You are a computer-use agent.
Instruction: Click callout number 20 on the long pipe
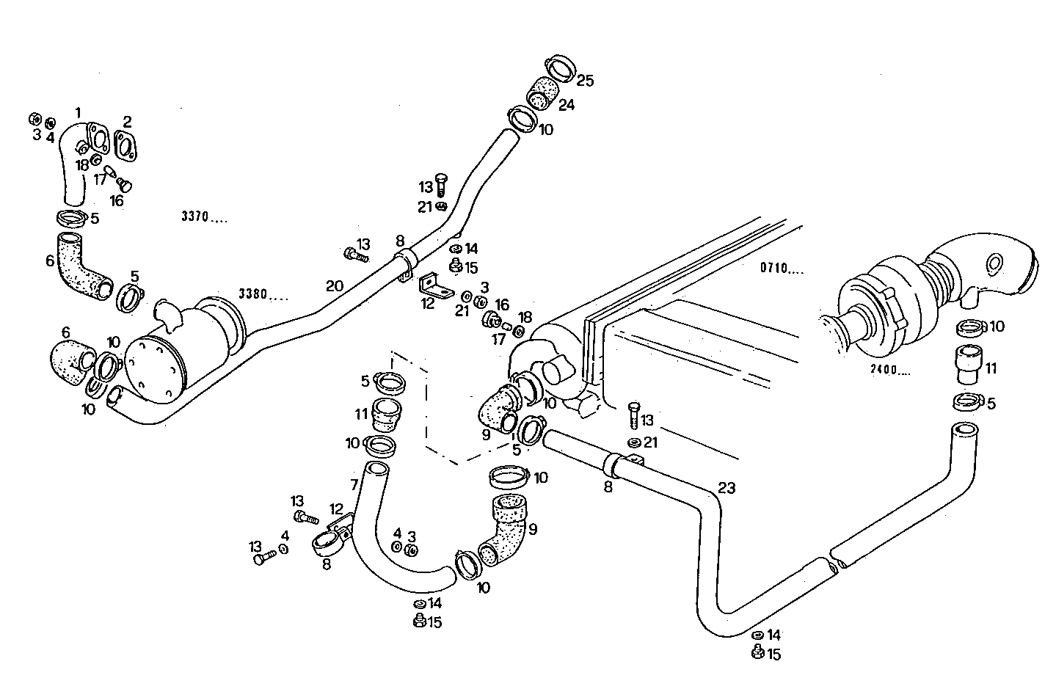coord(334,286)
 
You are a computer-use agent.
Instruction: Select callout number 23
coord(727,487)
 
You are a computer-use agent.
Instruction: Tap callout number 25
coord(584,80)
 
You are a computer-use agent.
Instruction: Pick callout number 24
coord(566,105)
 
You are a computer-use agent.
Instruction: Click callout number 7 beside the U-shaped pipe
coord(354,485)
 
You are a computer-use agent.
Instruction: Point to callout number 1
coord(78,112)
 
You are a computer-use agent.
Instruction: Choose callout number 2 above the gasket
coord(127,121)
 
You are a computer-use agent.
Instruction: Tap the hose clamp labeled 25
coord(561,67)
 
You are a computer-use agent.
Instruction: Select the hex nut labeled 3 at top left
coord(34,119)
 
